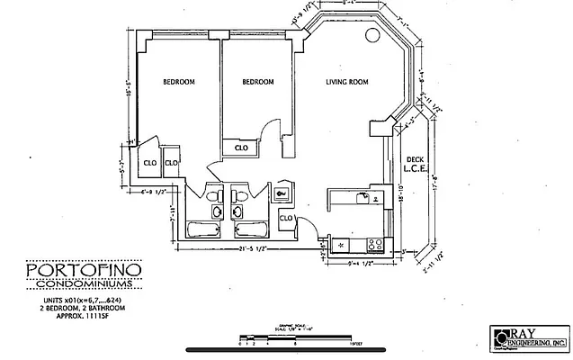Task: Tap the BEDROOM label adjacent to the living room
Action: pos(257,82)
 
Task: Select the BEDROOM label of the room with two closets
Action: pos(178,82)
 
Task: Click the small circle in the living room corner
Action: pos(372,36)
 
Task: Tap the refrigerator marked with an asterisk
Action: pos(342,244)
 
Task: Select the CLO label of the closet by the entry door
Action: pos(286,218)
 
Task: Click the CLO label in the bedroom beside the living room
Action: pos(241,148)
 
